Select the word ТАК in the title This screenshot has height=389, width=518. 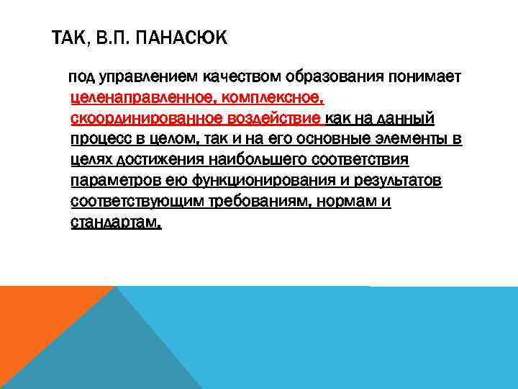pyautogui.click(x=71, y=37)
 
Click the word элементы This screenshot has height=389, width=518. pyautogui.click(x=410, y=139)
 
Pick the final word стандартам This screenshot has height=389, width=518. pyautogui.click(x=116, y=223)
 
